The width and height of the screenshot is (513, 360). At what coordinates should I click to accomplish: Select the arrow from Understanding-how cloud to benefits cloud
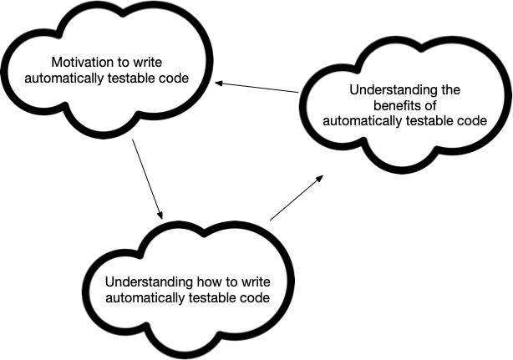click(x=295, y=198)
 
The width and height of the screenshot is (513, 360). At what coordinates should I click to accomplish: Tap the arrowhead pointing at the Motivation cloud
click(x=218, y=83)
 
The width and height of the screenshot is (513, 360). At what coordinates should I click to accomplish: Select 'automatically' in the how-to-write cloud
click(x=144, y=297)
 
